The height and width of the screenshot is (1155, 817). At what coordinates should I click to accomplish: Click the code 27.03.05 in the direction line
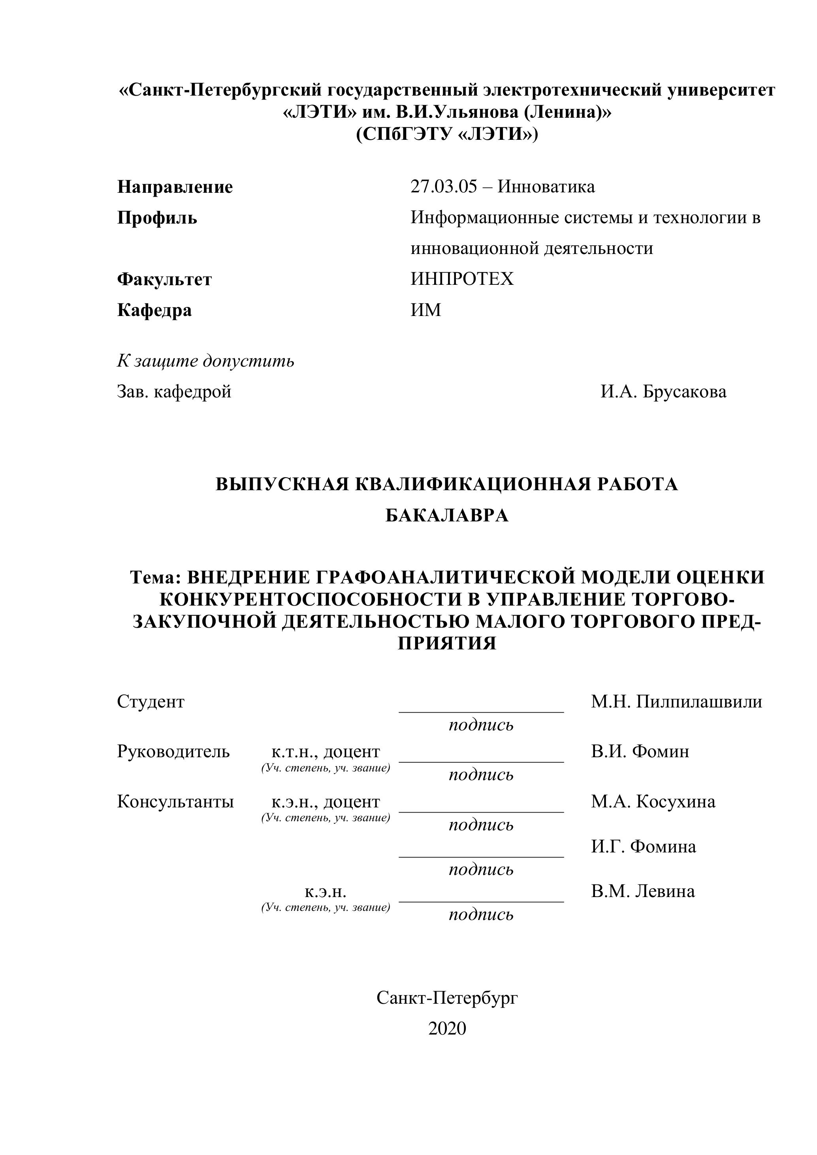click(443, 186)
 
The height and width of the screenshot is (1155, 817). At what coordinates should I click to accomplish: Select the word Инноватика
click(546, 186)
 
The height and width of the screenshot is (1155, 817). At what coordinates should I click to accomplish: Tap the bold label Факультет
click(164, 279)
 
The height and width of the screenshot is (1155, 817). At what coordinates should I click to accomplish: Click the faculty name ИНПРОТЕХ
click(462, 279)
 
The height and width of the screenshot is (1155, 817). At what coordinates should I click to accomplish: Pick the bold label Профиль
click(157, 218)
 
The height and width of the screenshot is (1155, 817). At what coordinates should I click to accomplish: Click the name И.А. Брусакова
click(663, 391)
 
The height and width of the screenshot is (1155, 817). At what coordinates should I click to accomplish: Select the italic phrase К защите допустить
click(205, 361)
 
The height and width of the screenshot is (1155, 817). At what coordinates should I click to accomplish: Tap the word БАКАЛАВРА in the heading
click(447, 515)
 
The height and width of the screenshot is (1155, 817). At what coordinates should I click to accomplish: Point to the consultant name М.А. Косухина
click(653, 801)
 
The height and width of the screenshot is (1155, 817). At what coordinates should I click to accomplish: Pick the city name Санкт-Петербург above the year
click(447, 997)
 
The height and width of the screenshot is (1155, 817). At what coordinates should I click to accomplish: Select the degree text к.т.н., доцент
click(326, 752)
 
